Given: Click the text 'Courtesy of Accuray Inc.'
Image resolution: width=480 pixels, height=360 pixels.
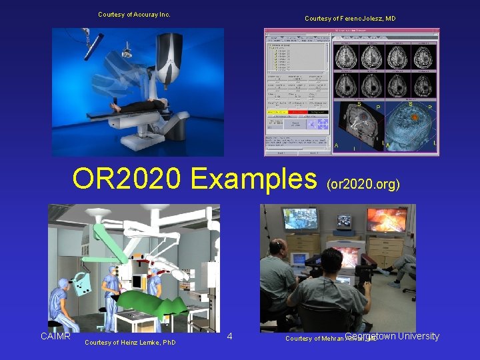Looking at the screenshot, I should pos(134,14).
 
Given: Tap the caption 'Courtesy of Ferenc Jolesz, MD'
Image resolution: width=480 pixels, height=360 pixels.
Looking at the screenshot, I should pos(350,19).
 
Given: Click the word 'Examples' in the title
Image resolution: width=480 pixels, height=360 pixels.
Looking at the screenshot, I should pos(253,179).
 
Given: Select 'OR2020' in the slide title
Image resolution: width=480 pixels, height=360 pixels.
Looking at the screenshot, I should pos(127,179).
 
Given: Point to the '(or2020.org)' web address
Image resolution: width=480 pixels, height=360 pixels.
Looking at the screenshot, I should pos(363,183).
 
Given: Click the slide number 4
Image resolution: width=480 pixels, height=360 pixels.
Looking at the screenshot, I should pos(229,336).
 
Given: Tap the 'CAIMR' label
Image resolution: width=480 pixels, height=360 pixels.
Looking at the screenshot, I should pos(55,336).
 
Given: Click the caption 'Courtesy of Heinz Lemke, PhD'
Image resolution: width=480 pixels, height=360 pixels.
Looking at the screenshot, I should pos(131,343).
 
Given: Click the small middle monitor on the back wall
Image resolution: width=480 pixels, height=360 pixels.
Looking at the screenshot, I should pos(345,221).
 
